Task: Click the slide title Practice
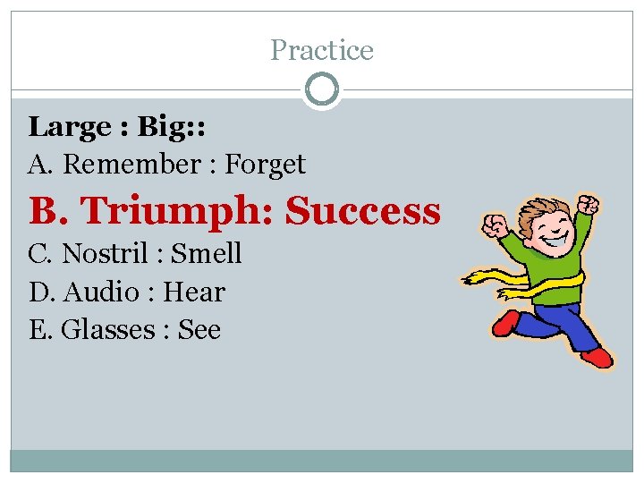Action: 322,50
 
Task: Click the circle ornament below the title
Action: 322,89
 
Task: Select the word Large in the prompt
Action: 69,128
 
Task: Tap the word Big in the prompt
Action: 159,127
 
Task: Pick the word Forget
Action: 265,165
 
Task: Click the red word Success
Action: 362,211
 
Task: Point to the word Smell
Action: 206,253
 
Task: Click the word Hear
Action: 194,292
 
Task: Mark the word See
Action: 199,330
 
